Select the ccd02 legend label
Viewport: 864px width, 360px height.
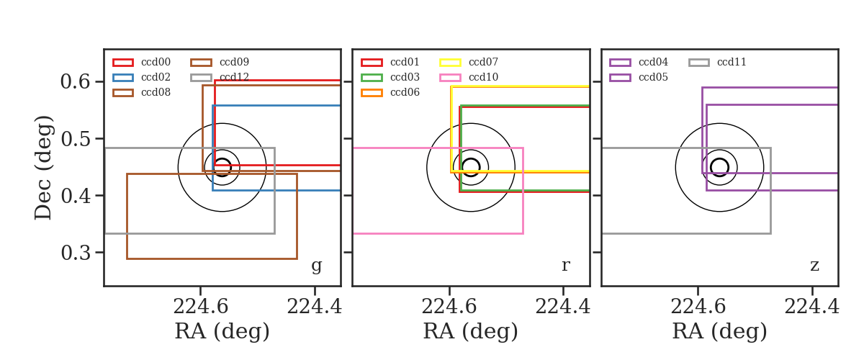(x=156, y=77)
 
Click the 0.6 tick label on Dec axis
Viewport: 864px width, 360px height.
(x=75, y=82)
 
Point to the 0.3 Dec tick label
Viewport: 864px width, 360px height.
(x=75, y=253)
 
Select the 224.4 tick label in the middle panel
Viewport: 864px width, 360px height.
(x=563, y=307)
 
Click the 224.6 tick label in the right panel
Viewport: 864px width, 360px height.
(x=698, y=307)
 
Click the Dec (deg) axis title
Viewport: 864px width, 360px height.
(x=42, y=168)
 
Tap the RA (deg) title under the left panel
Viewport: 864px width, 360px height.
(x=222, y=331)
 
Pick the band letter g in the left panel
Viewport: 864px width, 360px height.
(x=316, y=266)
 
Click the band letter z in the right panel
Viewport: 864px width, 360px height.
(x=814, y=266)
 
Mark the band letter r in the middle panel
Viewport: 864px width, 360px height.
(x=566, y=266)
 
